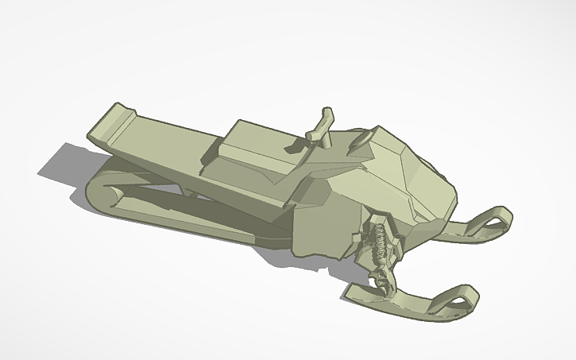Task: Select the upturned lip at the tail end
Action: point(111,121)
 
